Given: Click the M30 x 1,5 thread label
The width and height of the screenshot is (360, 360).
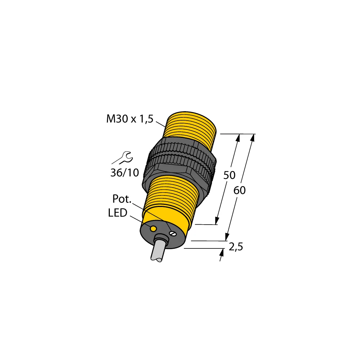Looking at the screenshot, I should coord(130,119).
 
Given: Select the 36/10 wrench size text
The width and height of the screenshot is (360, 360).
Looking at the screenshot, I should coord(124,173).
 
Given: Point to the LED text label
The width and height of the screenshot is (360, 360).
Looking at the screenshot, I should coord(117,213).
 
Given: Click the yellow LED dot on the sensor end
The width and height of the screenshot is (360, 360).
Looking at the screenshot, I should coord(153,229).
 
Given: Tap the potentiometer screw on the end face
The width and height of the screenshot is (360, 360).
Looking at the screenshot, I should coord(172,234).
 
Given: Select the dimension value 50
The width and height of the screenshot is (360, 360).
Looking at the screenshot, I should coord(229,176).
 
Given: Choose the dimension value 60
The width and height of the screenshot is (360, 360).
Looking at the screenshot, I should coord(239,190).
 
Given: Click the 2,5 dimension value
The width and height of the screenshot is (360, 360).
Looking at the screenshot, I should coord(236,247).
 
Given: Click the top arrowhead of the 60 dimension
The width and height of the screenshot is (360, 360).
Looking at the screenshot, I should coord(252,138).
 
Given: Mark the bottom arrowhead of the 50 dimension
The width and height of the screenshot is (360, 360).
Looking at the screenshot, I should coord(217,221).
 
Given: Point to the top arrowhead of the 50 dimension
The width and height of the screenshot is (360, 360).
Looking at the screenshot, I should coord(238,138).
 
